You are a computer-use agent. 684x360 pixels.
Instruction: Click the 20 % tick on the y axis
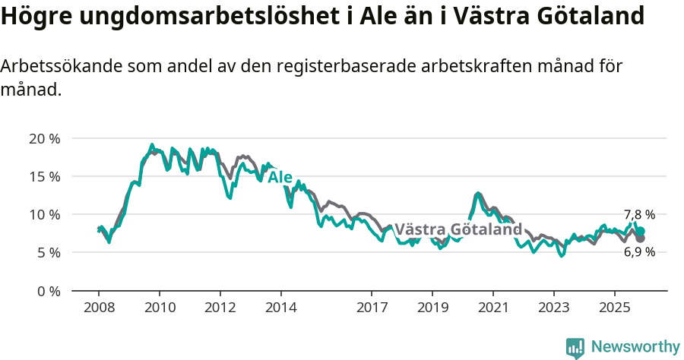[x=44, y=138]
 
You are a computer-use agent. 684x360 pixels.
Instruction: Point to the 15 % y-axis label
[x=44, y=176]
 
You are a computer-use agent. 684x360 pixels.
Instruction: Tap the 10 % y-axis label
[x=44, y=214]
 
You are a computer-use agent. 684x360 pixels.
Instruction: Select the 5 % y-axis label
[x=48, y=252]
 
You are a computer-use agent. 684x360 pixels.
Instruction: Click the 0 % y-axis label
[x=48, y=290]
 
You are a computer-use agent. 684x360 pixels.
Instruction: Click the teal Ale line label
[x=280, y=177]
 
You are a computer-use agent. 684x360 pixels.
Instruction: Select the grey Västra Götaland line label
[x=458, y=229]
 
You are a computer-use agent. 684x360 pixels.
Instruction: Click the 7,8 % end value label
[x=639, y=215]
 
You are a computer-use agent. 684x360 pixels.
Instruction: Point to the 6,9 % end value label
[x=639, y=252]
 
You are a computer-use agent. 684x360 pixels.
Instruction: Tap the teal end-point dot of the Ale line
[x=641, y=231]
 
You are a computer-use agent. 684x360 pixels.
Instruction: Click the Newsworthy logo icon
[x=575, y=347]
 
